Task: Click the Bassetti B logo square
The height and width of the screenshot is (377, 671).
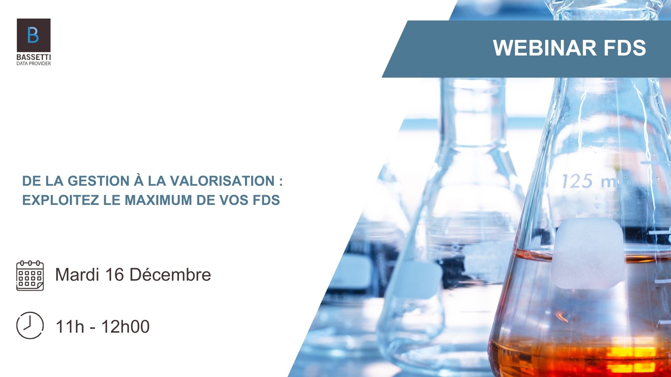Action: tap(34, 35)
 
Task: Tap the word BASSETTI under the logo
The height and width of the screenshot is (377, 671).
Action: tap(34, 57)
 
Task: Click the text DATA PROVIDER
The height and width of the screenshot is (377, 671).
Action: tap(34, 64)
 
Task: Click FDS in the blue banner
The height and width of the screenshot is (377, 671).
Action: tap(625, 48)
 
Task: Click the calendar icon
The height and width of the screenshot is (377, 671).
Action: tap(30, 275)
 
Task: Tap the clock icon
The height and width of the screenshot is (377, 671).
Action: tap(30, 325)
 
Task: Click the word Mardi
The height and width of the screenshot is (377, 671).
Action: tap(77, 274)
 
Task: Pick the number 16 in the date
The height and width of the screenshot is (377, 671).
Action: tap(114, 274)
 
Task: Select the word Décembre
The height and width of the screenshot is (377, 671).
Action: tap(170, 274)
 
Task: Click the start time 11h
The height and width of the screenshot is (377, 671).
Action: tap(70, 327)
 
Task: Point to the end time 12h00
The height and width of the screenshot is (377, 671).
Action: tap(125, 327)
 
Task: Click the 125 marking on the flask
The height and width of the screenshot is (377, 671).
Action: tap(577, 181)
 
